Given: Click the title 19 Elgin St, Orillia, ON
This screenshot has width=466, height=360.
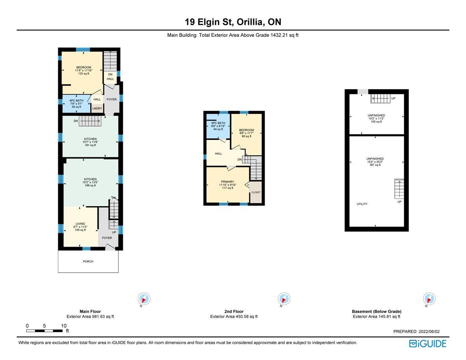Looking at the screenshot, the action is tap(233, 22).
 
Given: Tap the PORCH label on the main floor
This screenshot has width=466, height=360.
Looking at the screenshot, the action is tap(88, 261).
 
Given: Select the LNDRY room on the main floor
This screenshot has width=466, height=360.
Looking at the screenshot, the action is tap(97, 108).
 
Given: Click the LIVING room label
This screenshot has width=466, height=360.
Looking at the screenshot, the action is tap(80, 224).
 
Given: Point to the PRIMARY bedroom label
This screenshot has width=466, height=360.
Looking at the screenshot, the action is tap(228, 182).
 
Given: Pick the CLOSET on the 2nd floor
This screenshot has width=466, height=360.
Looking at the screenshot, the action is tap(256, 192).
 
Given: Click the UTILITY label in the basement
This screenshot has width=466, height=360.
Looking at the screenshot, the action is tap(362, 204).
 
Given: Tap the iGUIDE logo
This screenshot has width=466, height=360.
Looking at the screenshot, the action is tap(428, 344).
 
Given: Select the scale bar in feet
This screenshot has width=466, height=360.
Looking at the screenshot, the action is tap(44, 331).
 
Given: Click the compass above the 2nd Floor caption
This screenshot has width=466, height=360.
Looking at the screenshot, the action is tap(284, 299).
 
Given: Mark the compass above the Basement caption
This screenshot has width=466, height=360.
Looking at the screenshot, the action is tap(429, 299).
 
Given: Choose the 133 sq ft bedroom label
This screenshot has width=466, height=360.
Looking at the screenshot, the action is tap(83, 70).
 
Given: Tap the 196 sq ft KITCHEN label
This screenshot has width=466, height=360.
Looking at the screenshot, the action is tap(90, 182).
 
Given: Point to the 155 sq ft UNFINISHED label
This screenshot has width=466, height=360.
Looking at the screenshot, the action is tap(376, 118).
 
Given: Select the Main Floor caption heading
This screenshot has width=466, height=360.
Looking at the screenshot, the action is tap(90, 311).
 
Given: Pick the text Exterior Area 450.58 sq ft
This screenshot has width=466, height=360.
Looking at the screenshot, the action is tap(234, 317).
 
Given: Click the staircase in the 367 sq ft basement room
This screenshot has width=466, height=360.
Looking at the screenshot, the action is tap(399, 189).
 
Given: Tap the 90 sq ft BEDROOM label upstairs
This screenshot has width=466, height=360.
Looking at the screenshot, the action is tap(247, 133).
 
